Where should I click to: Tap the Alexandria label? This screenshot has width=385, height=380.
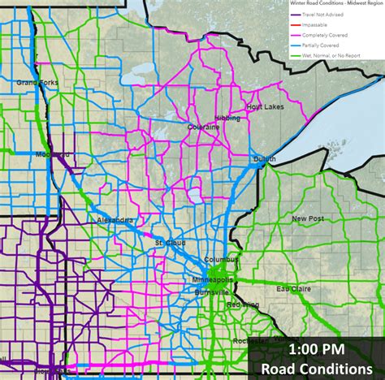115,220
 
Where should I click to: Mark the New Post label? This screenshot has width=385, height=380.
308,218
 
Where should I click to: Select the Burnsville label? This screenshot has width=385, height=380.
212,292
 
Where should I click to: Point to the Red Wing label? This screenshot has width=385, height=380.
243,304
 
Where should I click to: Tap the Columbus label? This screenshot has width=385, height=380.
222,259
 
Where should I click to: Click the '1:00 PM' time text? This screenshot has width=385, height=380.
316,348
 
